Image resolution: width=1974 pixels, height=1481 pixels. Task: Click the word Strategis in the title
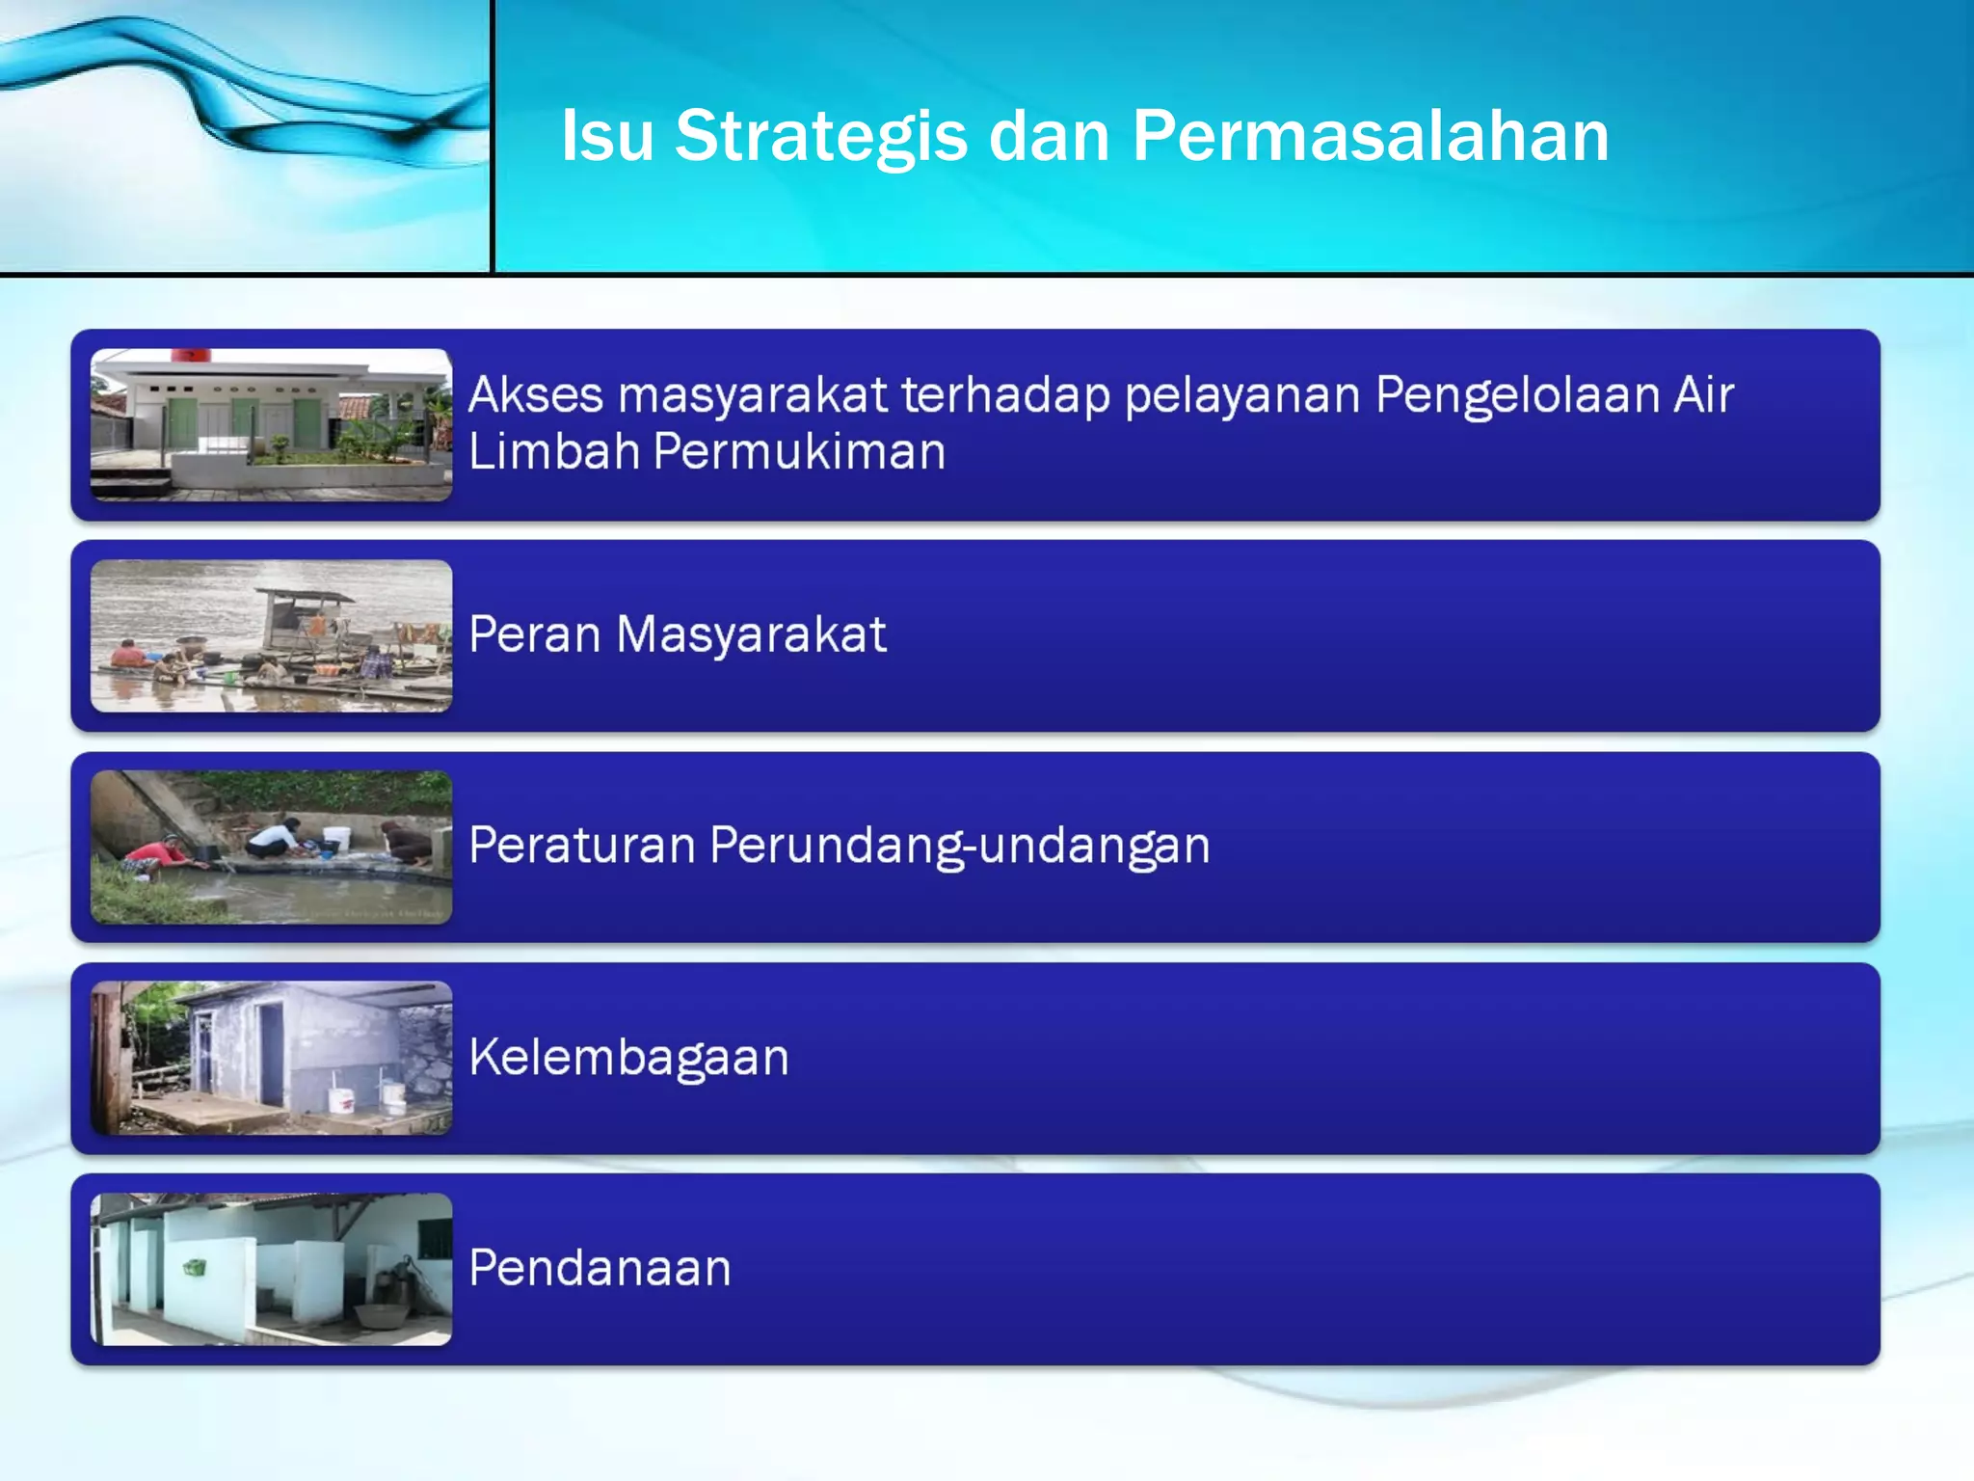click(820, 136)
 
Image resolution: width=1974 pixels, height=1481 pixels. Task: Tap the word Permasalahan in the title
click(1370, 136)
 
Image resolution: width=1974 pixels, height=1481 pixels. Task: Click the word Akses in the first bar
click(536, 395)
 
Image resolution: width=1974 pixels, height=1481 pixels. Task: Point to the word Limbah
click(554, 451)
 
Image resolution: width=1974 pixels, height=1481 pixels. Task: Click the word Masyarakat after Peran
click(751, 634)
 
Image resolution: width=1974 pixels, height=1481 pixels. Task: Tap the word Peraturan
click(581, 846)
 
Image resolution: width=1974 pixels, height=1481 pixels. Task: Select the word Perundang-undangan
click(959, 846)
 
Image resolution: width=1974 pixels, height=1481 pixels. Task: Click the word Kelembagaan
click(628, 1057)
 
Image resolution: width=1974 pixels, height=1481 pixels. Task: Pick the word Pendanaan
click(600, 1268)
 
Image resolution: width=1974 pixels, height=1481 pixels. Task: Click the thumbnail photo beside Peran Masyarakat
click(271, 635)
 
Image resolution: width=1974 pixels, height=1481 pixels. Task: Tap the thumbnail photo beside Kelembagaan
click(271, 1058)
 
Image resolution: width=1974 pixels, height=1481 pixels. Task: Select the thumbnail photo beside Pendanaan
click(271, 1269)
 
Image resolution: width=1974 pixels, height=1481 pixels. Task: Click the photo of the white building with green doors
click(271, 424)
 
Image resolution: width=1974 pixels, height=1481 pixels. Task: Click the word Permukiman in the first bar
click(799, 451)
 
